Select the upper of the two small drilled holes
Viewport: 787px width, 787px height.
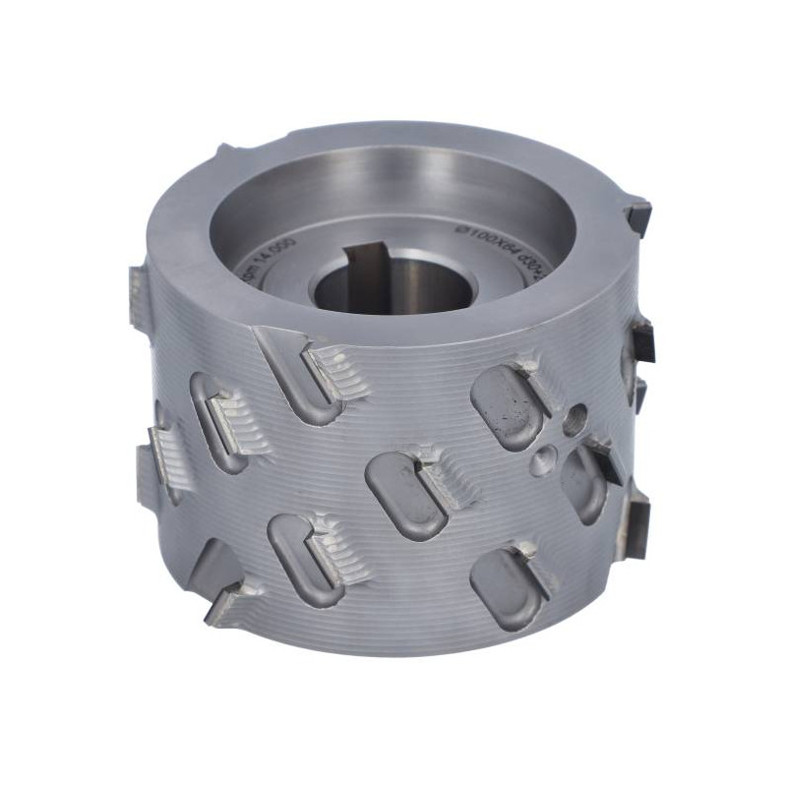576,416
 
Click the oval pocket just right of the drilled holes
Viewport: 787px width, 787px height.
583,482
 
